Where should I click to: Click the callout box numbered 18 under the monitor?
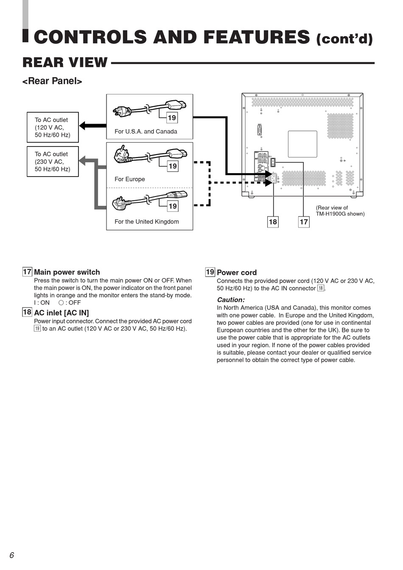tap(273, 222)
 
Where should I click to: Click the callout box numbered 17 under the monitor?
tap(304, 222)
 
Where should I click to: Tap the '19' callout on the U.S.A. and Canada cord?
tap(172, 118)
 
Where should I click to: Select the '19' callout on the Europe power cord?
tap(172, 166)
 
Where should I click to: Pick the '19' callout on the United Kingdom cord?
tap(172, 206)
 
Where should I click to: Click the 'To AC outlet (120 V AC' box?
tap(53, 127)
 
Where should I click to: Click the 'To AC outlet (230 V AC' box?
tap(53, 162)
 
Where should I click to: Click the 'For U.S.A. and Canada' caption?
tap(146, 132)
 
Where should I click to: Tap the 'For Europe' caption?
tap(130, 180)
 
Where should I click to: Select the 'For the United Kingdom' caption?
tap(147, 222)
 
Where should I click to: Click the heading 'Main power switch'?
tap(67, 272)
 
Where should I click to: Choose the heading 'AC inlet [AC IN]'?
tap(62, 313)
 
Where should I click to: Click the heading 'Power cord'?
tap(237, 273)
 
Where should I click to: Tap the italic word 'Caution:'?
tap(231, 300)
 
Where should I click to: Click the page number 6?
tap(12, 555)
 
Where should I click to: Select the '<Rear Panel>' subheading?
tap(52, 81)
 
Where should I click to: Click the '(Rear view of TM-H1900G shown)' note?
tap(340, 211)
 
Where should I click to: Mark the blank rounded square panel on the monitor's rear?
tap(302, 144)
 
